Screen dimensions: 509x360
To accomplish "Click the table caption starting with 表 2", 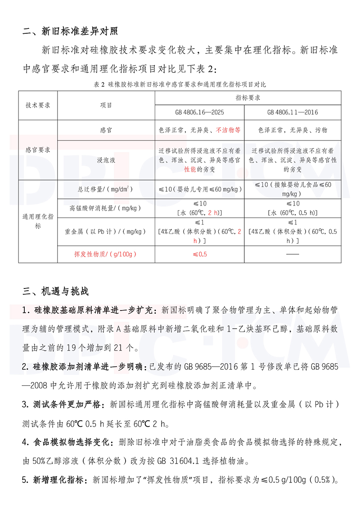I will (x=180, y=84).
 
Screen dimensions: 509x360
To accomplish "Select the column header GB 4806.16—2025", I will (x=199, y=112).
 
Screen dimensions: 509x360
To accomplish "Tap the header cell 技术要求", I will (x=38, y=105).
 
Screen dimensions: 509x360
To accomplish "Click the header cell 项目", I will (x=106, y=105).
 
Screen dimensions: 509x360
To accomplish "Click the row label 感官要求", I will (x=38, y=149).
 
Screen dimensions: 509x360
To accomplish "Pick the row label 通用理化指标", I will (x=38, y=221).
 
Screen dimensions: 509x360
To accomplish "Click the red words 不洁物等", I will (x=228, y=130).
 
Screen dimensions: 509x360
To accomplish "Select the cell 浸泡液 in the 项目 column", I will (x=106, y=160).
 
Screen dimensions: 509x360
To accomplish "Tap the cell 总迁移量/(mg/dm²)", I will (x=106, y=189).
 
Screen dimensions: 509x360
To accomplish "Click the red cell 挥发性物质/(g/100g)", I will (x=106, y=254).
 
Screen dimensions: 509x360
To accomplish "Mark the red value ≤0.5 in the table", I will (x=199, y=254).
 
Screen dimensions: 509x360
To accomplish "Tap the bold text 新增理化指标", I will (x=58, y=480).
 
